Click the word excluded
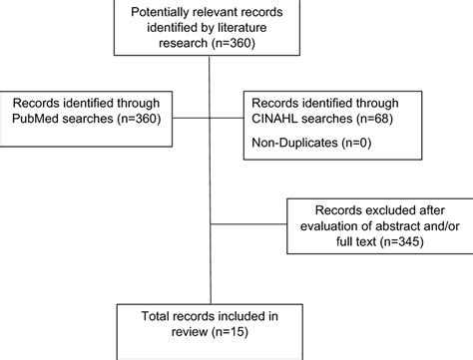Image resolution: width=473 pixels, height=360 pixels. pos(377,211)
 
